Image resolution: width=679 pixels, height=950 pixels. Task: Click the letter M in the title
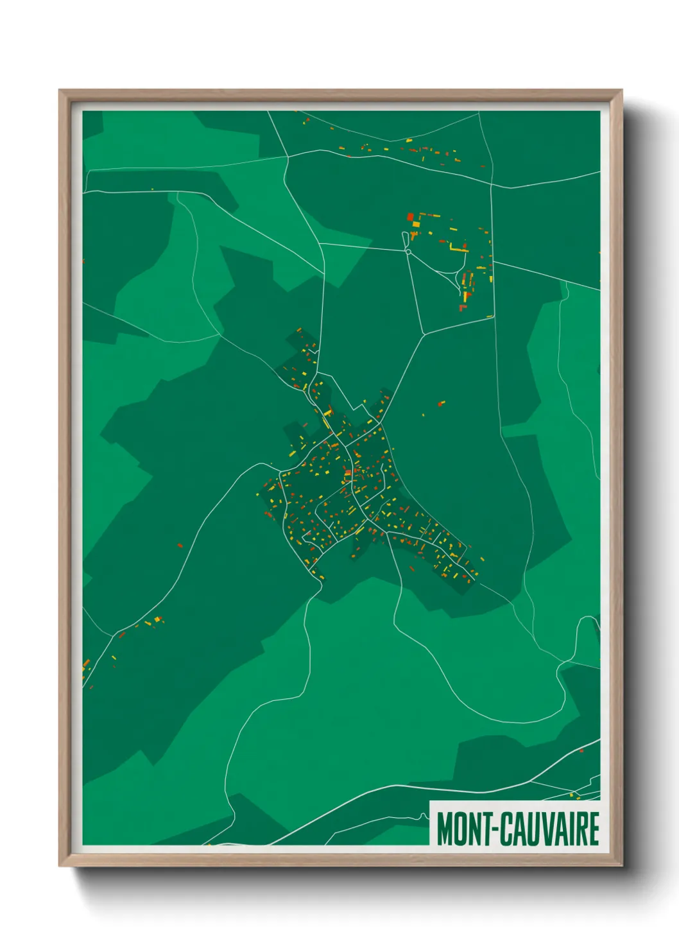[x=446, y=829]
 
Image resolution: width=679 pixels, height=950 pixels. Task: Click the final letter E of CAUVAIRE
[x=594, y=829]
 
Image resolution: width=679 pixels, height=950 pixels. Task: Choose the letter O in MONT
[x=460, y=829]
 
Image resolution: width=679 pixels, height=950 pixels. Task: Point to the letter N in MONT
[x=472, y=829]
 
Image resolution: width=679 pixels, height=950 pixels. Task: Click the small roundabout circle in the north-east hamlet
[x=408, y=252]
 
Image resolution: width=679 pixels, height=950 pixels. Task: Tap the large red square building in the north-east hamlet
[x=411, y=217]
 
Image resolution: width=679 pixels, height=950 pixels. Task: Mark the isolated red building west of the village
[x=180, y=546]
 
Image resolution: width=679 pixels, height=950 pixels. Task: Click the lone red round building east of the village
[x=440, y=404]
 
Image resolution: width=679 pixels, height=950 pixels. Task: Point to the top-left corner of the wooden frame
[x=60, y=91]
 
